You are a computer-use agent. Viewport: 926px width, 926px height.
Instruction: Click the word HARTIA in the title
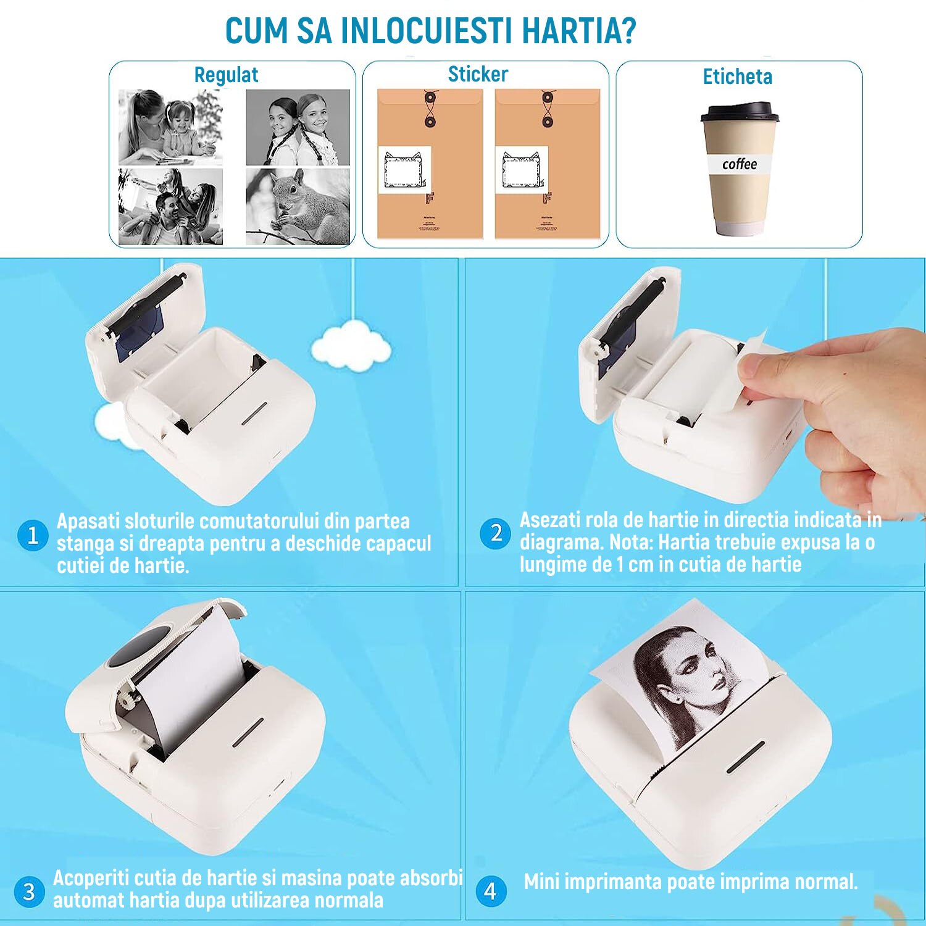tap(578, 31)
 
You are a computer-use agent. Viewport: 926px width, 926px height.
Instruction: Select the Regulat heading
tap(226, 75)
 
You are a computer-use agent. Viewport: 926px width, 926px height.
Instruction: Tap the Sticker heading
tap(478, 74)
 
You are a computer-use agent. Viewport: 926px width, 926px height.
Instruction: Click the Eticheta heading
tap(737, 77)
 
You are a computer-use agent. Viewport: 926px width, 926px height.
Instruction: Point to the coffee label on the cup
tap(739, 164)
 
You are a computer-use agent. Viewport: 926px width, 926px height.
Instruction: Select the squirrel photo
tap(298, 206)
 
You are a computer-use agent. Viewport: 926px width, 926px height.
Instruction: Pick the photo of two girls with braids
tap(298, 127)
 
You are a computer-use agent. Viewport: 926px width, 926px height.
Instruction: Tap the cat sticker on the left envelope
tap(404, 170)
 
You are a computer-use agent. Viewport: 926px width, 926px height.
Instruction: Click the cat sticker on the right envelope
tap(522, 170)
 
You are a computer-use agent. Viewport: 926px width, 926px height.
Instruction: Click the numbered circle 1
tap(33, 535)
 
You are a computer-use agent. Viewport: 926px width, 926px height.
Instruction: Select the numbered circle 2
tap(495, 533)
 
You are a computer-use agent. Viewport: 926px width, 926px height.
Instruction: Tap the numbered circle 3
tap(29, 891)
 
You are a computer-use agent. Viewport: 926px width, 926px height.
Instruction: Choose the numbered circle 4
tap(491, 891)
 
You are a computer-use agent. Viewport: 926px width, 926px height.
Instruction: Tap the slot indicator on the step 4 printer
tap(745, 757)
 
